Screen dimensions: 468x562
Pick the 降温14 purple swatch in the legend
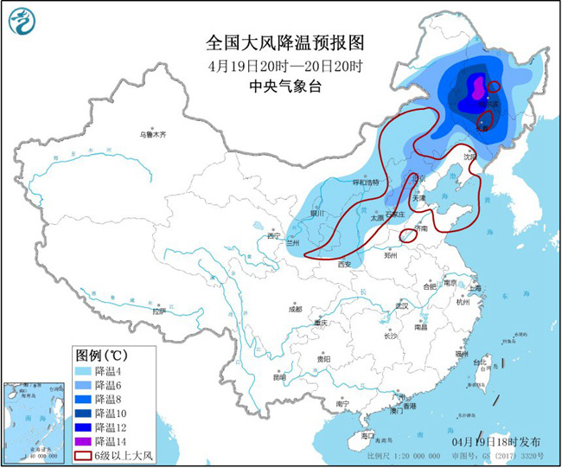(x=83, y=440)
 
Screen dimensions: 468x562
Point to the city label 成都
(x=296, y=309)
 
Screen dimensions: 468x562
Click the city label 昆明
(x=278, y=377)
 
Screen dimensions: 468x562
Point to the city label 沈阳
(x=469, y=157)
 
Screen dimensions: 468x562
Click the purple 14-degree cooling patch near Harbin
(x=475, y=87)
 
